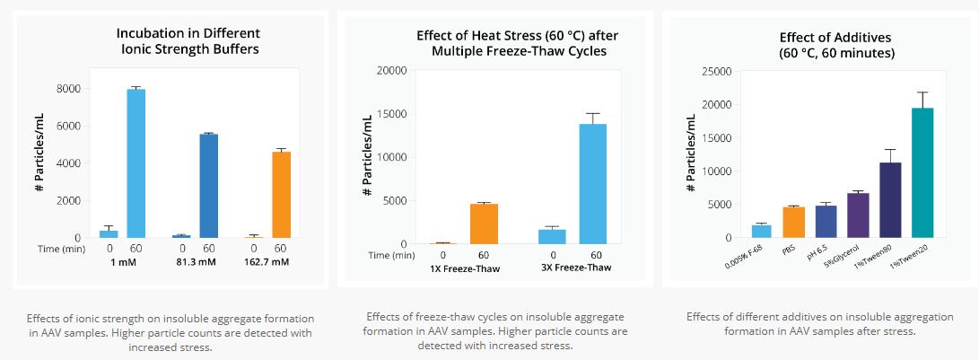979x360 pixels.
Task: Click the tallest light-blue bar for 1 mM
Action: [136, 163]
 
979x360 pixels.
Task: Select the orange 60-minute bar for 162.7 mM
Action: [281, 195]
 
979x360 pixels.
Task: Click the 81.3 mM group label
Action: [197, 261]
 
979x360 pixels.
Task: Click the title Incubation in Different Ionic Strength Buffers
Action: [188, 41]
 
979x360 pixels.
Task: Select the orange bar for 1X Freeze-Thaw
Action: [484, 224]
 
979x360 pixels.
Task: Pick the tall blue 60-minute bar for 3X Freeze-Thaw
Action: [592, 184]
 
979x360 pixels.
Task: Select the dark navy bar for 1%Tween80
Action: [890, 199]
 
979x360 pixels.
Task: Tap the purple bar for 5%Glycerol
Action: [858, 215]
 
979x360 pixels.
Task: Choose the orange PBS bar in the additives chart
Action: [793, 222]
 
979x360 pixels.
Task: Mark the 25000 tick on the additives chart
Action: [715, 71]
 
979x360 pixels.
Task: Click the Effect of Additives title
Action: [816, 45]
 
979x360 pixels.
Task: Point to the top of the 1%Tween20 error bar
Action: [922, 92]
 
